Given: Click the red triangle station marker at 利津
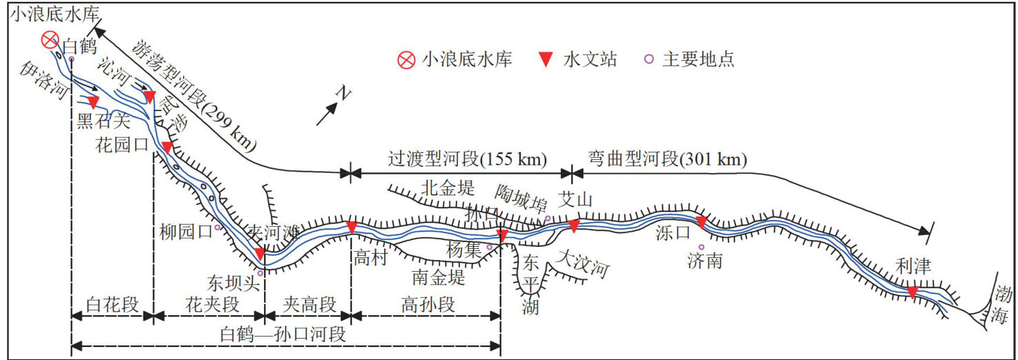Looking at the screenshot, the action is point(912,292).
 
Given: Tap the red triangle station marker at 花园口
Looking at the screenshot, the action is point(166,148).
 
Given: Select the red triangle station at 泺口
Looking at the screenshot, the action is point(701,222).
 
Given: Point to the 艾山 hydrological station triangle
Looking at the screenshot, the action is point(574,226).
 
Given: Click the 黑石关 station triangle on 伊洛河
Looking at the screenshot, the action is point(94,101).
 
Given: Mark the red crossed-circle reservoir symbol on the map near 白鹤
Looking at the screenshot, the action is point(50,40).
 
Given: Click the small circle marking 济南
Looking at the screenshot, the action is point(701,247).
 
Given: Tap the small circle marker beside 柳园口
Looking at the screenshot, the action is point(217,227).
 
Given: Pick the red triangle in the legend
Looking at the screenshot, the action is point(545,60).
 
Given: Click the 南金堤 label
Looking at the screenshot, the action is point(439,278).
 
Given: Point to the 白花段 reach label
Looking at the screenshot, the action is point(112,303).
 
